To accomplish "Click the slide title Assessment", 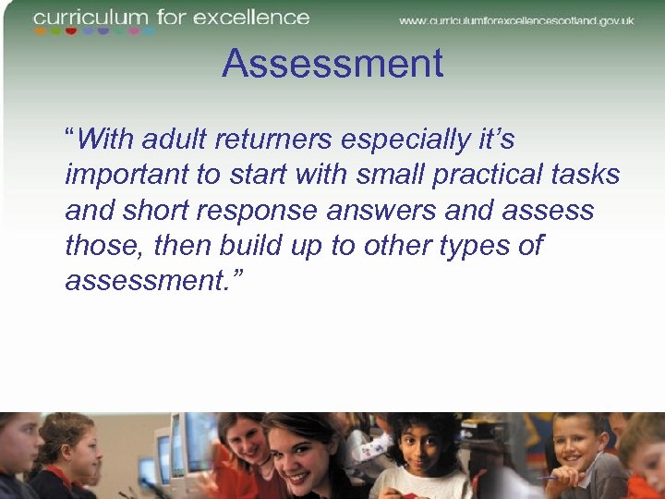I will (332, 65).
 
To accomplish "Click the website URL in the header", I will (516, 20).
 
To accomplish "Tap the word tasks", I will (587, 175).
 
